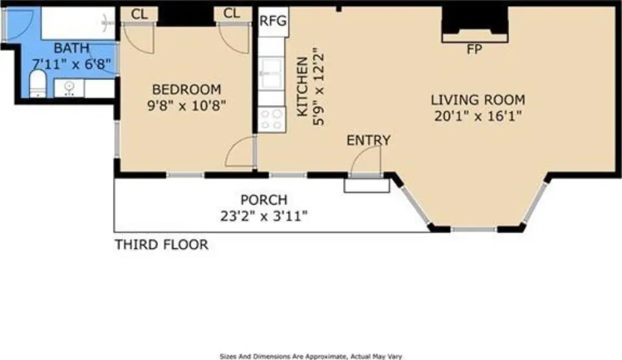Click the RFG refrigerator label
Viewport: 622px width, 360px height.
coord(273,21)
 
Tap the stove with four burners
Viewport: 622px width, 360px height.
coord(272,120)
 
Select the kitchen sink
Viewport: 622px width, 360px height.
coord(272,73)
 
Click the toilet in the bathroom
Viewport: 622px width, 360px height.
coord(38,83)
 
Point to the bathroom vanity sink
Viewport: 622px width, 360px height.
coord(69,88)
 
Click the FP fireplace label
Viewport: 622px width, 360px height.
coord(474,50)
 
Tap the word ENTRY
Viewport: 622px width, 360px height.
coord(369,140)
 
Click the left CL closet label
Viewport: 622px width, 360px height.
coord(139,15)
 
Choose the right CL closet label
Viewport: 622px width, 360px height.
coord(231,13)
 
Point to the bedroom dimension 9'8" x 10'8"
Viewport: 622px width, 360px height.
coord(186,106)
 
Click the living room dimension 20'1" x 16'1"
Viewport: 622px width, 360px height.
coord(478,116)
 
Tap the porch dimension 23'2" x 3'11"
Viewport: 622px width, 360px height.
coord(264,216)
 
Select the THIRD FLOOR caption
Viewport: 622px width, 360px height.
coord(162,245)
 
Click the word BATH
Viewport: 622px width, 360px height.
coord(72,49)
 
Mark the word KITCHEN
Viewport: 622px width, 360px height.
coord(302,87)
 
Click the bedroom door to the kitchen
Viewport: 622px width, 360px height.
coord(239,152)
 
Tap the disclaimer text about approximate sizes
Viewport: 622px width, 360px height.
coord(311,356)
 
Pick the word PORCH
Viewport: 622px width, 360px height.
coord(264,200)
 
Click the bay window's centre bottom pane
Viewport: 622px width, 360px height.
coord(474,229)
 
